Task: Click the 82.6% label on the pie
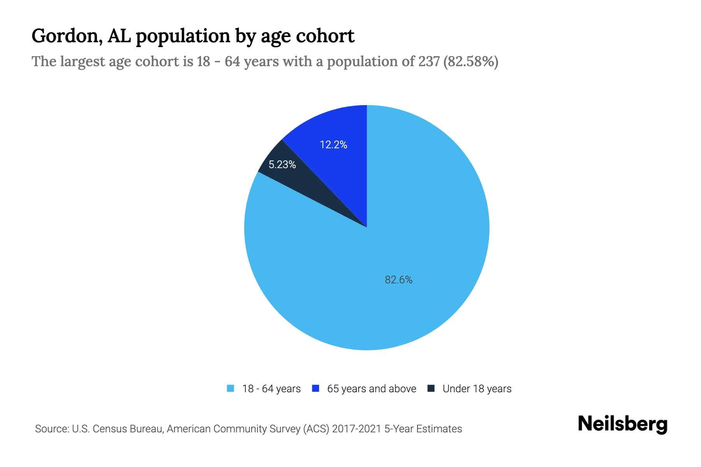(x=398, y=280)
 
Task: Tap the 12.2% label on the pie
(x=333, y=145)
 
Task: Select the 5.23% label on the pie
(x=282, y=165)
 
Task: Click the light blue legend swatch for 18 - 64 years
(x=231, y=388)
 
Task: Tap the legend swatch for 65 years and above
(x=315, y=388)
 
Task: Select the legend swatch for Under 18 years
(x=431, y=388)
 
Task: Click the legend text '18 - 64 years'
(x=271, y=389)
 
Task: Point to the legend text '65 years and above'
(x=372, y=389)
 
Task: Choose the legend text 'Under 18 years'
(x=477, y=389)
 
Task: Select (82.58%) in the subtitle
(x=471, y=61)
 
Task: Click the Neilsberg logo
(x=622, y=424)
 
